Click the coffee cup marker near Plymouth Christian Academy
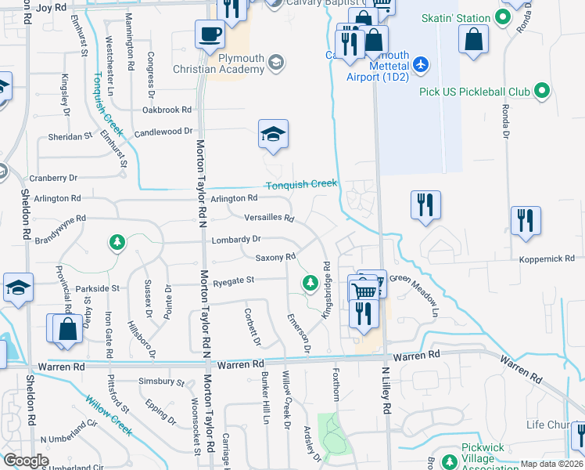click(209, 35)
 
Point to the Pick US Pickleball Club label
click(476, 92)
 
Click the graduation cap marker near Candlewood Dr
click(273, 135)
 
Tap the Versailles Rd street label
click(269, 218)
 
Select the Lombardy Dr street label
click(235, 238)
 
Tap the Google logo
click(26, 461)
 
